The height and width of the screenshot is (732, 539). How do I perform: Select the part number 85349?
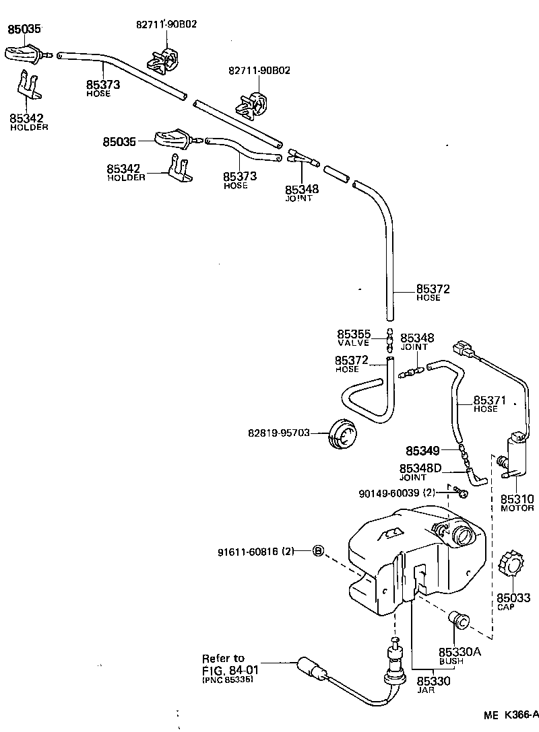coord(422,450)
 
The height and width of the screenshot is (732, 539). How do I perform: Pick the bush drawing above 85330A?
coord(459,620)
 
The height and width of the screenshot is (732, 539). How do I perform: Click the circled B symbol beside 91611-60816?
coord(319,552)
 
